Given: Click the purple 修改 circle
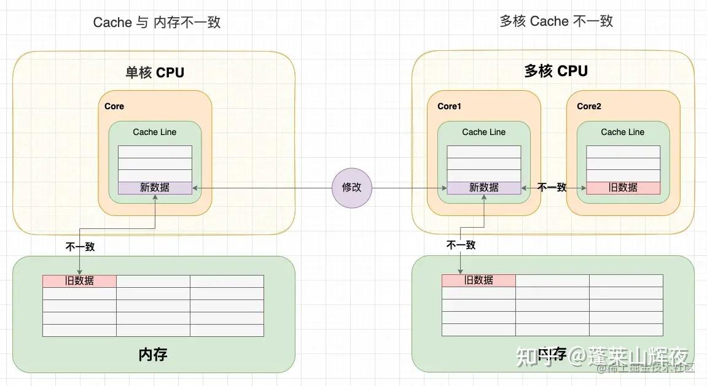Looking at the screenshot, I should [352, 188].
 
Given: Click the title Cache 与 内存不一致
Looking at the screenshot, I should [157, 23].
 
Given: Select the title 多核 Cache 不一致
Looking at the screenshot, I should [556, 21].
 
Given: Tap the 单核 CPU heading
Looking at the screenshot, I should [155, 72].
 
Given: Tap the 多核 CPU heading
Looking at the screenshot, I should [556, 71].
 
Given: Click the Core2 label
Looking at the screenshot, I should [588, 106].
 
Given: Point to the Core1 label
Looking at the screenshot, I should [449, 106].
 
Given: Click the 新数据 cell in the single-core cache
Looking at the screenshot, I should [155, 188].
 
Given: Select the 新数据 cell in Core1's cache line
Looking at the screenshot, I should [483, 188].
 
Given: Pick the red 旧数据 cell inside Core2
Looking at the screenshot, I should [623, 188].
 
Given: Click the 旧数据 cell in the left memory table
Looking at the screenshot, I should [79, 280].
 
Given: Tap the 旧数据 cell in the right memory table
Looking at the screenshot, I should [478, 280].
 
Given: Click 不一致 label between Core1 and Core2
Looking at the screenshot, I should [552, 188].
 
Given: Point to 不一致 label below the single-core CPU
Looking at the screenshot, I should [80, 247].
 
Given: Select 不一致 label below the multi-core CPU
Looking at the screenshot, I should [461, 245].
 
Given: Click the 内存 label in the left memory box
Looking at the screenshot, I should [153, 354].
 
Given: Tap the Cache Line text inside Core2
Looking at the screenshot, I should [622, 132].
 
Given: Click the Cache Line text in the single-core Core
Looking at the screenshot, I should [155, 132].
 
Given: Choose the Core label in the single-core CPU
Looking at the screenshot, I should [114, 106].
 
